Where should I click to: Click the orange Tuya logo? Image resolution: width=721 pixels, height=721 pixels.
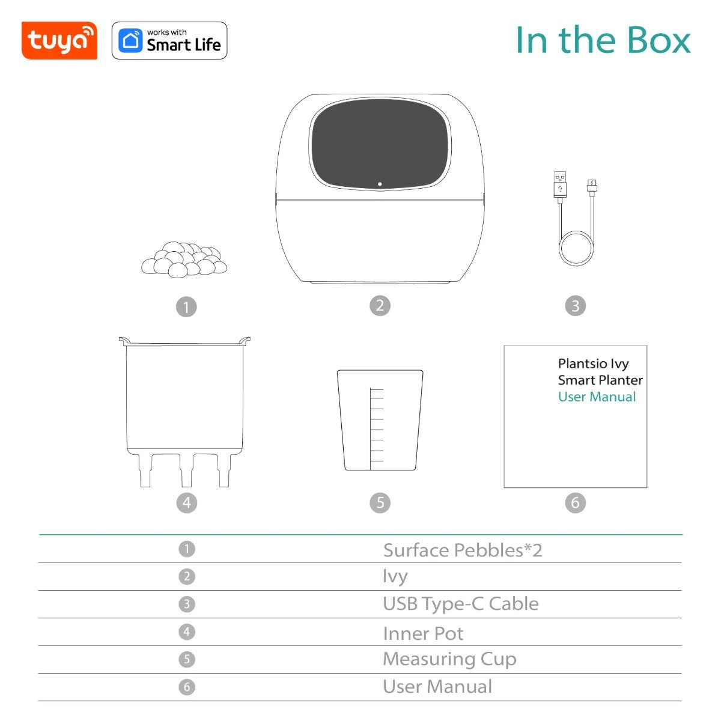click(59, 41)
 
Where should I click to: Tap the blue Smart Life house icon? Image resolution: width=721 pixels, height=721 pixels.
click(130, 41)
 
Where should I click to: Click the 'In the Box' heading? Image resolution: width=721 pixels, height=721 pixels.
click(603, 40)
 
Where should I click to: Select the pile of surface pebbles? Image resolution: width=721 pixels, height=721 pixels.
click(184, 259)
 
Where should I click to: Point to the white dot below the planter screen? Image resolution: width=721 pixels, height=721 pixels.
click(380, 184)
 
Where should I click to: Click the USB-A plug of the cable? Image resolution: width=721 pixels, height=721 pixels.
click(560, 183)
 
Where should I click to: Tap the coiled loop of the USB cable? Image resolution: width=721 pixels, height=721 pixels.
click(576, 248)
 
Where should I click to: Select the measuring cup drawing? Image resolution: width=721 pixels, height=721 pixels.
click(380, 420)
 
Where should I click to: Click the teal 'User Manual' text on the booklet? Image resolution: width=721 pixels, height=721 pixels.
click(597, 397)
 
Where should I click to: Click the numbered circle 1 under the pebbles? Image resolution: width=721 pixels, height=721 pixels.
click(186, 308)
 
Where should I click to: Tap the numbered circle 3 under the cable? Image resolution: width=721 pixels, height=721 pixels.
click(575, 306)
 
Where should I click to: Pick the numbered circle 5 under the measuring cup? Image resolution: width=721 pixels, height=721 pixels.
click(380, 503)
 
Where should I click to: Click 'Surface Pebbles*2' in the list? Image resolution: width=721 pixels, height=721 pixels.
click(462, 550)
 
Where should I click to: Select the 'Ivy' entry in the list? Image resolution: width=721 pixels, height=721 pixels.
click(395, 576)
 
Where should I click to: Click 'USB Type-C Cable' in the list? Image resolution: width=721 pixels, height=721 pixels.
click(460, 604)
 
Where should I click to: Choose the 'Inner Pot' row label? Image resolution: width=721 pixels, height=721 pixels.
click(423, 633)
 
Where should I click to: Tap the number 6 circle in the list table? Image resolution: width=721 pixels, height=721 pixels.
click(187, 687)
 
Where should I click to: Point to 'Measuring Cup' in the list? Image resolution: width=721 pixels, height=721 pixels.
click(449, 659)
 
